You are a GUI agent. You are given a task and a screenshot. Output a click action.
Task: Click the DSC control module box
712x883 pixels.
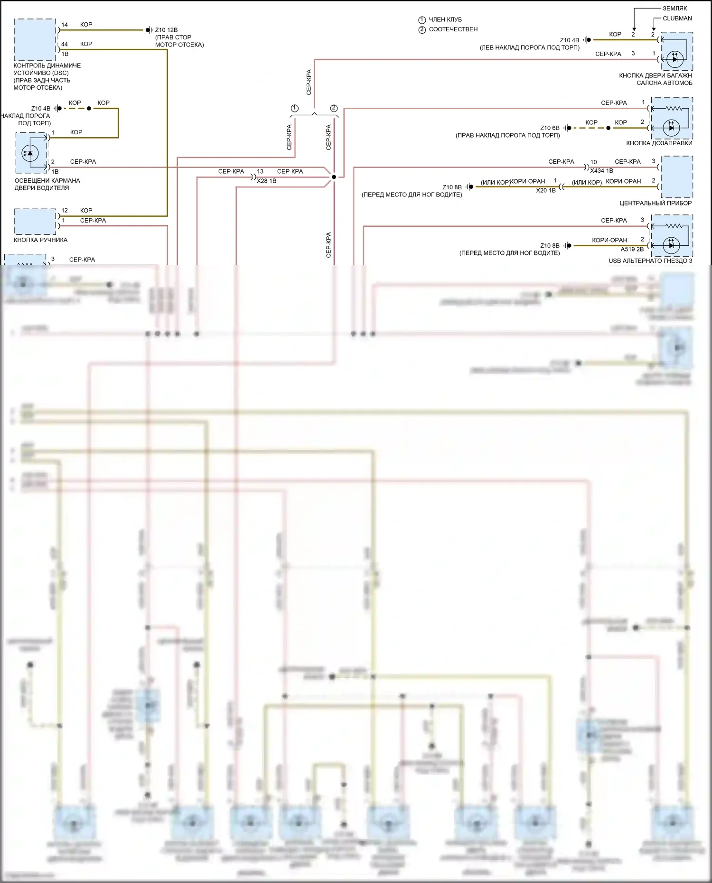pos(35,40)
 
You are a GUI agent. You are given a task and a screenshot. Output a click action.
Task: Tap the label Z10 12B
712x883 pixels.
pos(167,30)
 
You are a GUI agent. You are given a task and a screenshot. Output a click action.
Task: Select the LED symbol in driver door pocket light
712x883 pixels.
pos(31,153)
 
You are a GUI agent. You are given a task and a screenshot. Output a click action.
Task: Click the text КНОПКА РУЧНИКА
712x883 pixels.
pos(40,240)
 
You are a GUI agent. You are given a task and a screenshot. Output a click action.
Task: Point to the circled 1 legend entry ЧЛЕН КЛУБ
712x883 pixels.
pos(440,19)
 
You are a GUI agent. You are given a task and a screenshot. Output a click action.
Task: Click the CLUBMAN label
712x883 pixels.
pos(677,19)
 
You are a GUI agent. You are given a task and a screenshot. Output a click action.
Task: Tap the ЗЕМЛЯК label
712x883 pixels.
pos(675,9)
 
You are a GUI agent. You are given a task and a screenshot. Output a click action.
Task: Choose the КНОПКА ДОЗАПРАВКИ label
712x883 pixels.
pos(659,143)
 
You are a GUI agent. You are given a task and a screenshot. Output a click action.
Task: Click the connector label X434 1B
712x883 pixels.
pos(601,171)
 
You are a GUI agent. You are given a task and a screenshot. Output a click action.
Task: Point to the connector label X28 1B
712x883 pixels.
pos(266,181)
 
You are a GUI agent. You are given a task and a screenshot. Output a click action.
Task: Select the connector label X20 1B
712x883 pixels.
pos(545,190)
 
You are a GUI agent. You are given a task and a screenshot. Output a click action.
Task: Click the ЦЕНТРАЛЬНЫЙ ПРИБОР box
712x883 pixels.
pos(676,177)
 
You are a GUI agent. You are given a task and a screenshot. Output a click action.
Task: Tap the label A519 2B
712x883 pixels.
pos(632,249)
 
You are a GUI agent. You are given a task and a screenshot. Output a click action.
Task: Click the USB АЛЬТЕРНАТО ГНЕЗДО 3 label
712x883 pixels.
pos(650,261)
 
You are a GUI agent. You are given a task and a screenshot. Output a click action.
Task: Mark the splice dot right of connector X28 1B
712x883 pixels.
pos(334,177)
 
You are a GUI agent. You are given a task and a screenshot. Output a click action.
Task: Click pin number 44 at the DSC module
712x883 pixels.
pos(65,44)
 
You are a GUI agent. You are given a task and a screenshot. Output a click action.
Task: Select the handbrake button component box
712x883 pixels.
pos(35,222)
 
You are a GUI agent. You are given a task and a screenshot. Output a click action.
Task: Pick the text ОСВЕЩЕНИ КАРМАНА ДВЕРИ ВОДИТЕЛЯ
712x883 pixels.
pos(47,184)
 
